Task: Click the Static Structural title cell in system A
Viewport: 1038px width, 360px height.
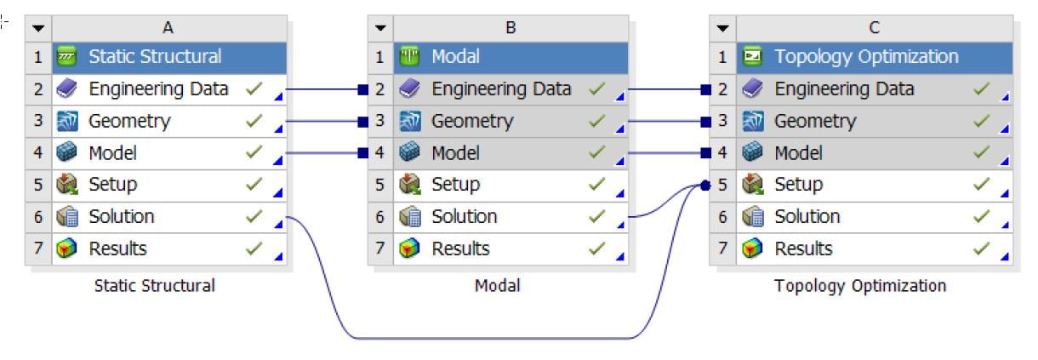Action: point(155,57)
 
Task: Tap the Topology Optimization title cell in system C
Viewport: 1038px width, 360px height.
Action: point(866,57)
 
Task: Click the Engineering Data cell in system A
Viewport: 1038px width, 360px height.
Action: point(158,89)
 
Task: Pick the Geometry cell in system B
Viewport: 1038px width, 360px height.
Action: point(472,122)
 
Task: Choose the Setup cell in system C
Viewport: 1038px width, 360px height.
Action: point(798,185)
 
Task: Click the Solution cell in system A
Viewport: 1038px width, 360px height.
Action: point(122,217)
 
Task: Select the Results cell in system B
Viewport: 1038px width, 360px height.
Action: point(460,249)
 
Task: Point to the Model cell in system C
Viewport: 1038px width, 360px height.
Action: point(796,153)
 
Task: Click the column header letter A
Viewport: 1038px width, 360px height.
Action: point(168,27)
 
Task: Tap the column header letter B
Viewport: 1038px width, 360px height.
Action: point(510,27)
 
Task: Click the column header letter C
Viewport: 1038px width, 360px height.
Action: point(875,27)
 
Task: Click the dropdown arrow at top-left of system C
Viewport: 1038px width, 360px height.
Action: point(723,27)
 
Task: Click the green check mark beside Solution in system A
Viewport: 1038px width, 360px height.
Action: point(253,217)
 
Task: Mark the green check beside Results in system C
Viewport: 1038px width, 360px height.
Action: point(981,249)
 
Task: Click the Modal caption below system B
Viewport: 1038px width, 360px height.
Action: point(497,286)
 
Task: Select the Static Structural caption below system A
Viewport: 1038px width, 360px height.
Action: point(154,286)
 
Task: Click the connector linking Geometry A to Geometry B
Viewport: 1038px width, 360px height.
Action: point(323,122)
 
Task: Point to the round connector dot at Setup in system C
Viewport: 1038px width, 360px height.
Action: point(704,185)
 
